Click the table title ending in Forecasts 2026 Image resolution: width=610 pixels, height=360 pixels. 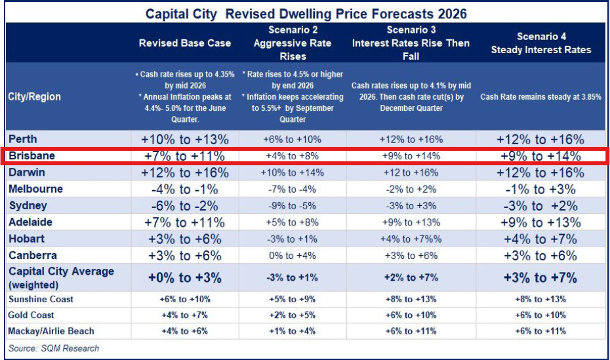(306, 13)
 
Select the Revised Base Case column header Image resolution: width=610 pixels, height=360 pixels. (185, 43)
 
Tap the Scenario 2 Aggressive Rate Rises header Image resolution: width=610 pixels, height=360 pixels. (292, 43)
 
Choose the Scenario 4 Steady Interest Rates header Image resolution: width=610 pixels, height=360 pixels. (540, 43)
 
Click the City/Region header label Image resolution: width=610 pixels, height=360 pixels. (35, 96)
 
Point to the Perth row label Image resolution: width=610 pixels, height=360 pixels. (23, 139)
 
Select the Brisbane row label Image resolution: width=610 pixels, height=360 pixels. (31, 156)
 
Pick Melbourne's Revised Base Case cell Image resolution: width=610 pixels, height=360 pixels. (185, 189)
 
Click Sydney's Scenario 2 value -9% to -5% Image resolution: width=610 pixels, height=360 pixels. (292, 206)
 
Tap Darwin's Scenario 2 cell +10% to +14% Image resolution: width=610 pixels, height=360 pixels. (292, 173)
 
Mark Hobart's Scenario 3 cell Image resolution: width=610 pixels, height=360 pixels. (411, 239)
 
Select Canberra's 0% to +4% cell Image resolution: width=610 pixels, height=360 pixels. (292, 256)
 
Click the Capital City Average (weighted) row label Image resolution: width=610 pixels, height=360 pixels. (61, 278)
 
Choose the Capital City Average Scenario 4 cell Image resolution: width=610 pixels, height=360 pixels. (540, 278)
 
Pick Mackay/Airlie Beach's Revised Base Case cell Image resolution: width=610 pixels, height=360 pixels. (185, 331)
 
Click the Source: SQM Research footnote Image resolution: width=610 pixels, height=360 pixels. (54, 348)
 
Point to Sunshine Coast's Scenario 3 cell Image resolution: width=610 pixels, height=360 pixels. (411, 300)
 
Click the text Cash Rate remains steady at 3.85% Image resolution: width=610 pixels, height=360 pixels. (540, 96)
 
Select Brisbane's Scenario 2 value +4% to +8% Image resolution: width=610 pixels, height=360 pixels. (292, 156)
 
